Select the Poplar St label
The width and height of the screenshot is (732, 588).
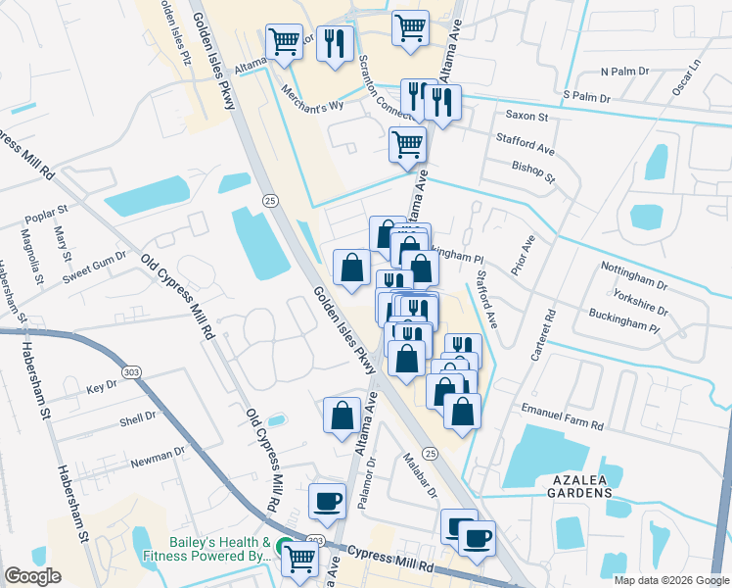click(x=48, y=211)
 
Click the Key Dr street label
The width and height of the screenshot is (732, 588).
click(x=101, y=389)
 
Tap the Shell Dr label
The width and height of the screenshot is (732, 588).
click(x=137, y=419)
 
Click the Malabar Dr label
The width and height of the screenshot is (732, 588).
click(x=419, y=474)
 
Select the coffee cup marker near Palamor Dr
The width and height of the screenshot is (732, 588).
click(x=327, y=501)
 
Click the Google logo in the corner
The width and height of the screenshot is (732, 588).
click(x=32, y=576)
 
